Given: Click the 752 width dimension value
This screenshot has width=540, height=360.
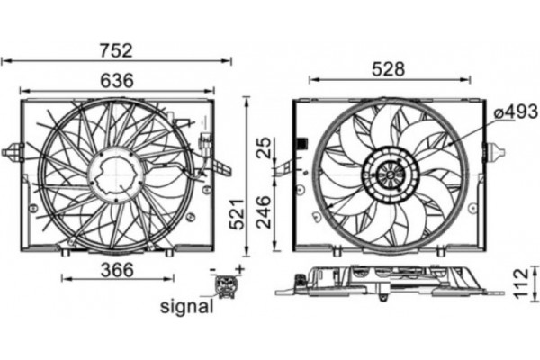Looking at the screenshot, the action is pos(116,50).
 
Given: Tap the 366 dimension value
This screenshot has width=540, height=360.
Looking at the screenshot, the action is pos(117,270).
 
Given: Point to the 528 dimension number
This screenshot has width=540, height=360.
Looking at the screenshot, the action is pos(389,69).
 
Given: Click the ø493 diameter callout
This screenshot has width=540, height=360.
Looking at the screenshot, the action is pos(516,112).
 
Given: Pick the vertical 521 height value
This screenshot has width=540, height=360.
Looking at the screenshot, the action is pos(237,214).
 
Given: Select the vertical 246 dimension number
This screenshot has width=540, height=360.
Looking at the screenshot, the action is pos(265,212).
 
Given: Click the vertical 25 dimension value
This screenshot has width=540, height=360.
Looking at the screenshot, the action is pos(265,148).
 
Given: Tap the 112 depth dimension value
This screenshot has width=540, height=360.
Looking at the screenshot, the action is pos(521,283).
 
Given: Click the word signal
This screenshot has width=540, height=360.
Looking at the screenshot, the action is pos(186,306).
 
